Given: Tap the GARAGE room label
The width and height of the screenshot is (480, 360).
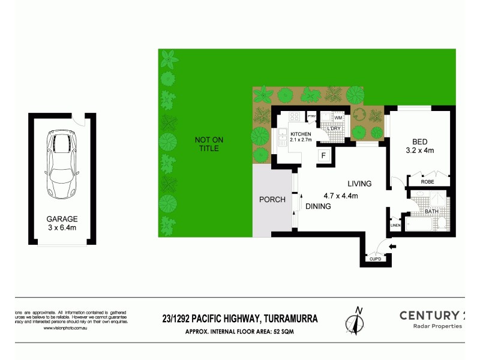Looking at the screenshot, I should (62, 219).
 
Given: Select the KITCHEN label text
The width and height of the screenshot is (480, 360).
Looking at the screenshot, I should (301, 134).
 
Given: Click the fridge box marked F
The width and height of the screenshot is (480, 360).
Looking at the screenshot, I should (325, 155).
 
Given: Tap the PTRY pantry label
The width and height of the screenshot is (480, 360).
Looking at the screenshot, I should (311, 116).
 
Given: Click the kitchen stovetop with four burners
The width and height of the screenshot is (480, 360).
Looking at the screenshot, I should (295, 116).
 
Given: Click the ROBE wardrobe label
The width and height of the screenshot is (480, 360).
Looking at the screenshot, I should (427, 181).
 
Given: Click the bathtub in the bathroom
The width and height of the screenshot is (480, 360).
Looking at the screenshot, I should (419, 226).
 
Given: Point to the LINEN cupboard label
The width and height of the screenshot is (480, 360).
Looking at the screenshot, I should (395, 225).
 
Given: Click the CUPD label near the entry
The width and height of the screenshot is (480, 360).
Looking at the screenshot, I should (375, 259).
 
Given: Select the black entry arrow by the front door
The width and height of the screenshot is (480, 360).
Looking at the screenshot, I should (393, 247).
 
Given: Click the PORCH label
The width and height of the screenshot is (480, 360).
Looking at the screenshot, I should (272, 200).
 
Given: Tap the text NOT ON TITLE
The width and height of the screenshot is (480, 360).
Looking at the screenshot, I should (209, 145).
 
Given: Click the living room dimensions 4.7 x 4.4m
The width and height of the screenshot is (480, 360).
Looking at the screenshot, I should (340, 196).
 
